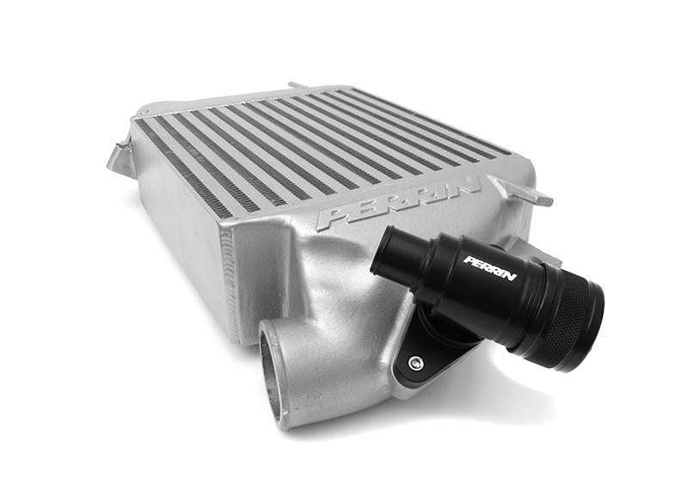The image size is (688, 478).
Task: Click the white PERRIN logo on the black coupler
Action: (x=490, y=267)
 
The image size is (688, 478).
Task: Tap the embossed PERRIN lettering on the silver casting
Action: (x=397, y=203)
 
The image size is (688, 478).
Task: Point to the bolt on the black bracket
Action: (x=415, y=363)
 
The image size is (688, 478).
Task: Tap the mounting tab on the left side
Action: (x=120, y=159)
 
